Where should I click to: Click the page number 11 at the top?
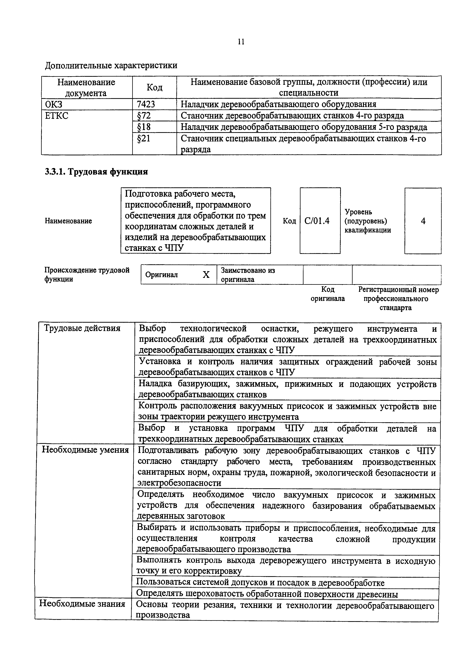[241, 42]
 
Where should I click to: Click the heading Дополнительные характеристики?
[111, 66]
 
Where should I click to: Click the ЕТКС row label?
[57, 116]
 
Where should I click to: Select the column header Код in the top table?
[155, 87]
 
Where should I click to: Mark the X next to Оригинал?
[206, 275]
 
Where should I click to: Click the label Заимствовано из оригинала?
[248, 275]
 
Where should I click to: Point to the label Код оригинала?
[327, 294]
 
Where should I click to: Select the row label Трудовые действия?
[82, 328]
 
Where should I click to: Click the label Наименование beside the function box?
[68, 221]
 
